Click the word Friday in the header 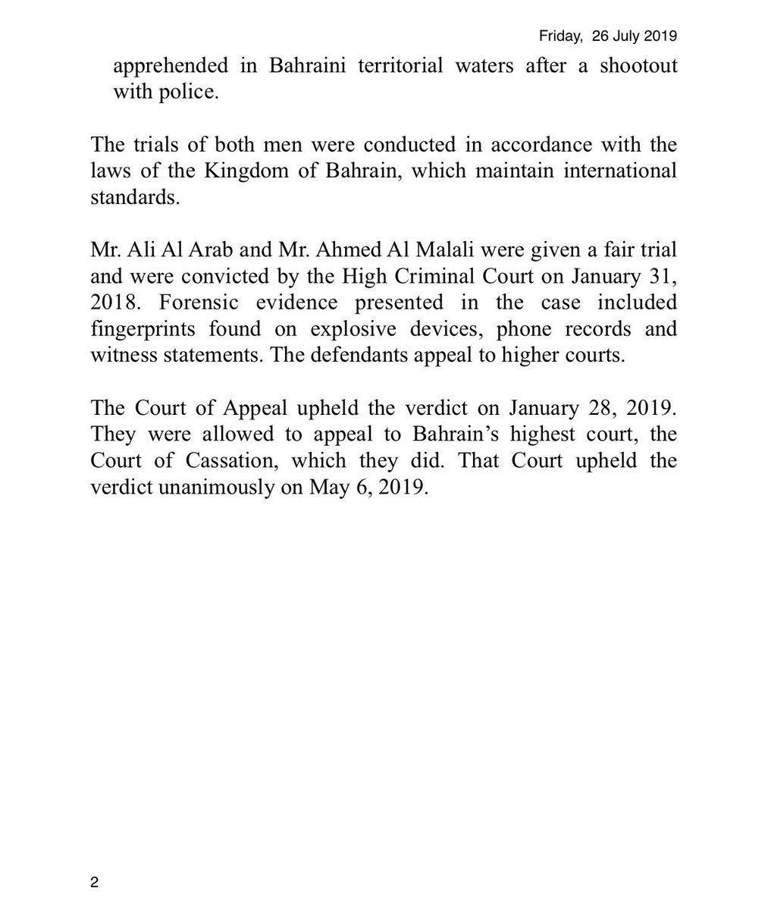(x=557, y=36)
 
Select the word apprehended (x=170, y=66)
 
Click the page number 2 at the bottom (x=94, y=882)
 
